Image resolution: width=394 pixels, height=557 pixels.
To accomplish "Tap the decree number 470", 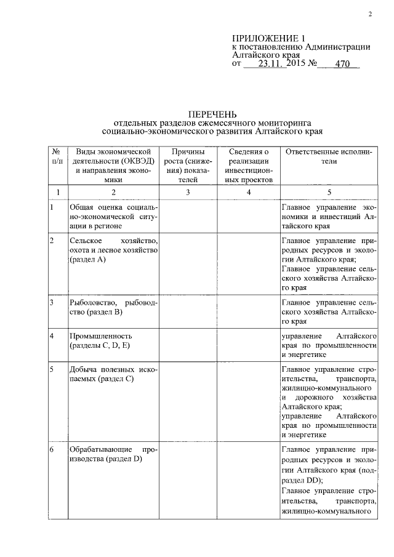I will [342, 63].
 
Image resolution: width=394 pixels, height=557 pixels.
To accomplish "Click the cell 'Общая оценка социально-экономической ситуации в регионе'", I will [114, 217].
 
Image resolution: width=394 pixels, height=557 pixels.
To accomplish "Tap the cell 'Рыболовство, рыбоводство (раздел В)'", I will [114, 308].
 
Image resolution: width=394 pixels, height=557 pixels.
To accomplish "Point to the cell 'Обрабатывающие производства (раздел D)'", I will [114, 454].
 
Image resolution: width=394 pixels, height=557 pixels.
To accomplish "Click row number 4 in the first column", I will [52, 337].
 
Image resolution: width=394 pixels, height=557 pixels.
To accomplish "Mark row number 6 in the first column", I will [52, 449].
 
